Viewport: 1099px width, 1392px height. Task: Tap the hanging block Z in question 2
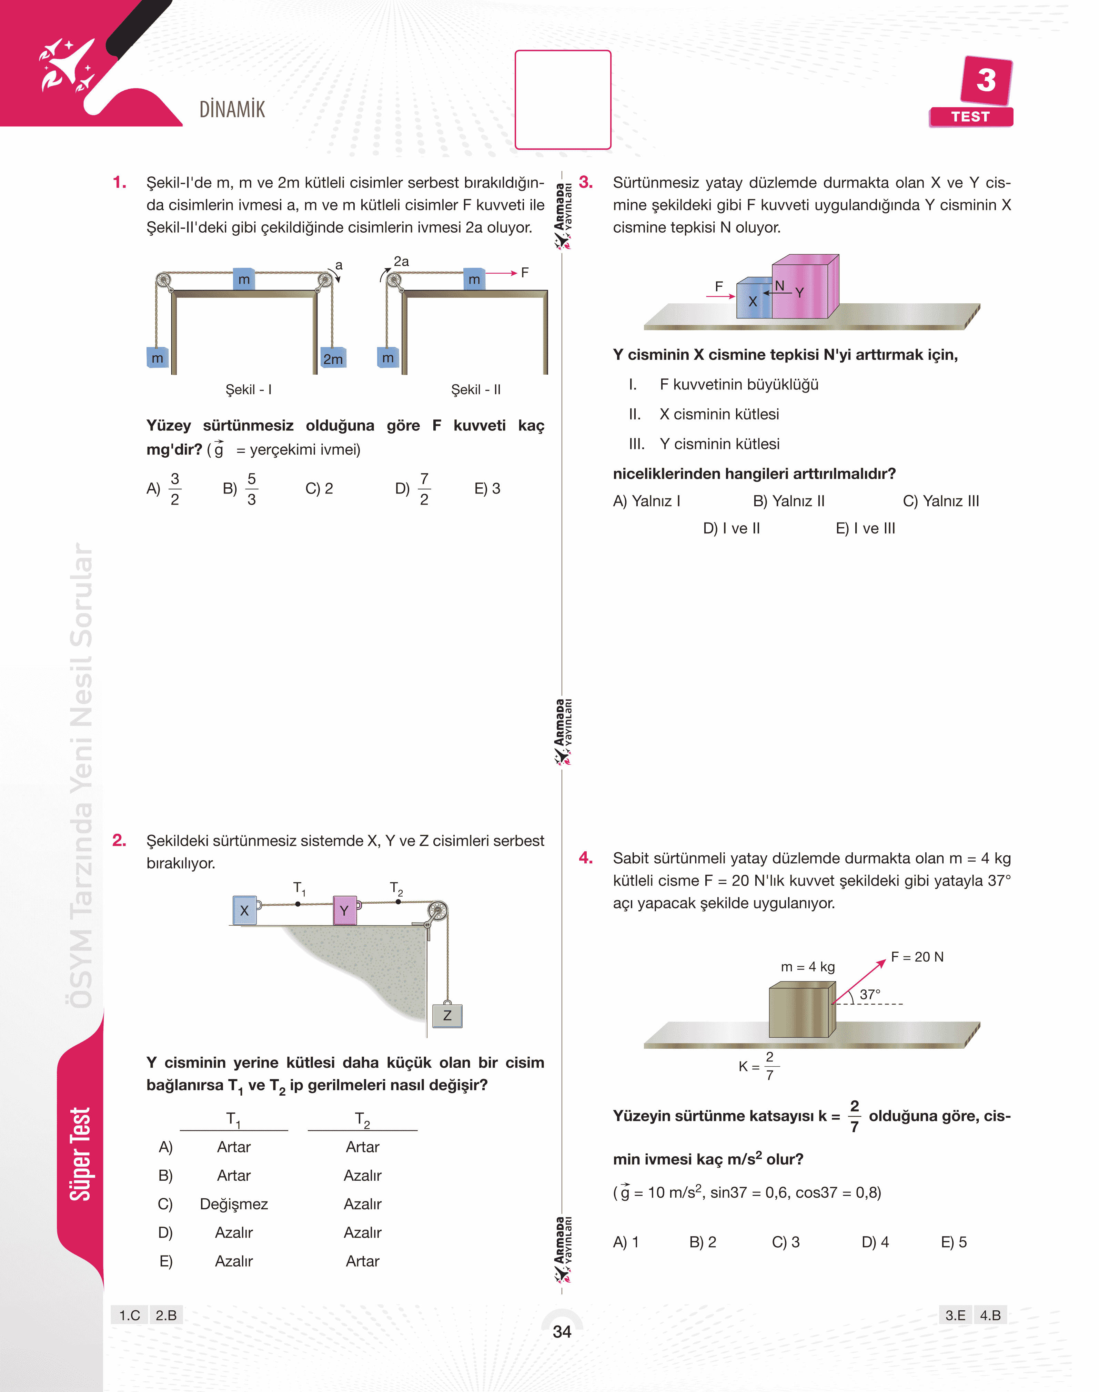pos(447,1015)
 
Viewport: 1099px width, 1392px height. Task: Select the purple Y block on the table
pos(345,910)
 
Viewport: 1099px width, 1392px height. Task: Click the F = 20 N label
pos(917,956)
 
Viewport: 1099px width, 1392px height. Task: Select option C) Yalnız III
pos(941,501)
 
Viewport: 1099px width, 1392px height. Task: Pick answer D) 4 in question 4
pos(875,1242)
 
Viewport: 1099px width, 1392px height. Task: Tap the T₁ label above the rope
pos(299,888)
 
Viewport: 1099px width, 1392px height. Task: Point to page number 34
pos(562,1332)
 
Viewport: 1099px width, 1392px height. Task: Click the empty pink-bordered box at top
pos(563,100)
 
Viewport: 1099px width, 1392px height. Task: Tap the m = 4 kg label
pos(807,967)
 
